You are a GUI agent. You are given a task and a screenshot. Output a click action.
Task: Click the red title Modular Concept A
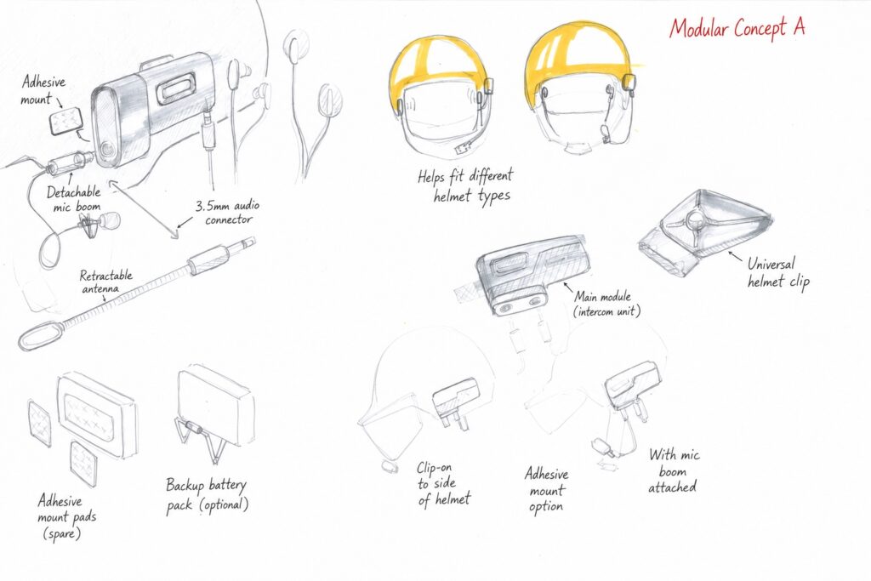point(737,28)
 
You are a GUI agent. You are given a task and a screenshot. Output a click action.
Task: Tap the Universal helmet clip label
point(777,272)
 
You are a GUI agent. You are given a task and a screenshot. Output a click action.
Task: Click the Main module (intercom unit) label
point(606,304)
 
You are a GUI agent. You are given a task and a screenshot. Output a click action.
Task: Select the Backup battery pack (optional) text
point(207,495)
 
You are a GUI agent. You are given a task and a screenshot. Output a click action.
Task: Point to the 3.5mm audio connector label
point(227,212)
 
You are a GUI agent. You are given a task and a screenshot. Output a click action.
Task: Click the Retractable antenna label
point(105,282)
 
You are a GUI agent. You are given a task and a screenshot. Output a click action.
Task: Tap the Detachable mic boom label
point(75,199)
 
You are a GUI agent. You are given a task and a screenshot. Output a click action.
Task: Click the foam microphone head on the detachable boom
point(111,220)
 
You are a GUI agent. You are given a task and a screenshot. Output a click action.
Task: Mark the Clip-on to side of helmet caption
point(443,484)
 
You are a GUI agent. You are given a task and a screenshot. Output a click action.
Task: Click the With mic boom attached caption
point(674,471)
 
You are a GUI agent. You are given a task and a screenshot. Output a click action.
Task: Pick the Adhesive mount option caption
point(547,490)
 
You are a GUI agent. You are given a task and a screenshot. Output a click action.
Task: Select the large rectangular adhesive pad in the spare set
point(96,413)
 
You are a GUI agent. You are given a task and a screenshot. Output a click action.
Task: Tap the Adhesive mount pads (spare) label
point(66,516)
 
